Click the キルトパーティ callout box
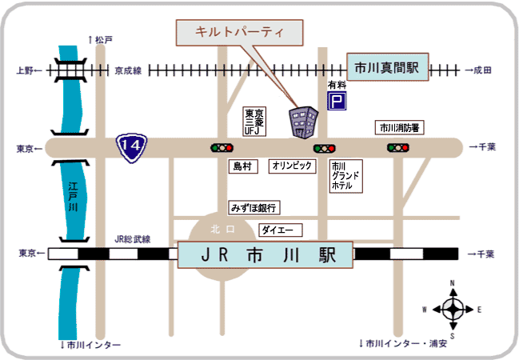[239, 33]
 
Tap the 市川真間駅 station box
[387, 67]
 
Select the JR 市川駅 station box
[265, 254]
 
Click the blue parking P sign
[337, 101]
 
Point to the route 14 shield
[131, 147]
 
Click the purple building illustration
[303, 122]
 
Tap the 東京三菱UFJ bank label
[254, 122]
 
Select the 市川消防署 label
[399, 127]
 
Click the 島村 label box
[243, 166]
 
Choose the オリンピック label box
[292, 166]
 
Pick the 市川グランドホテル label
[346, 176]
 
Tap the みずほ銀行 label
[254, 208]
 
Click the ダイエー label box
[280, 230]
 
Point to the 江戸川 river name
[73, 196]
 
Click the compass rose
[453, 310]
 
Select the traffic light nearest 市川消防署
[398, 147]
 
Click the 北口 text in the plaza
[222, 229]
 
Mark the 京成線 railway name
[128, 70]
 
